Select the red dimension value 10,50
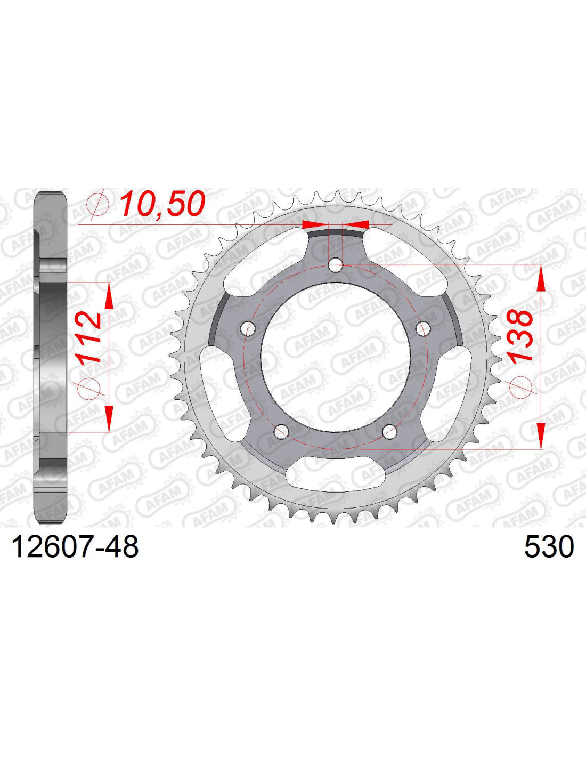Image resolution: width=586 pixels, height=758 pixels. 162,204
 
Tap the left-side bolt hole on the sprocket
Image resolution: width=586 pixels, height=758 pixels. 248,328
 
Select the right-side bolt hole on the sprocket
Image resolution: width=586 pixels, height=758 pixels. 424,328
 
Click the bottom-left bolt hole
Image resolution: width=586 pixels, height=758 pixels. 282,431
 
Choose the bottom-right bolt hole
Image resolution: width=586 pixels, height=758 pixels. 390,431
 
